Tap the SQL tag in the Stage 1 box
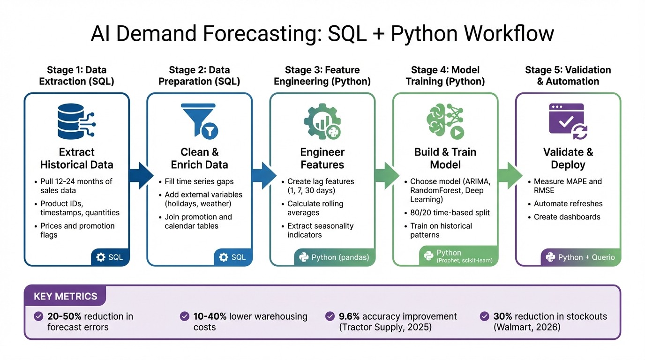click(110, 257)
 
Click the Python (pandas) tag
click(334, 257)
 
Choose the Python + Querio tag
click(580, 257)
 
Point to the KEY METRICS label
click(65, 296)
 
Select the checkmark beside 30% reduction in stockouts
click(485, 316)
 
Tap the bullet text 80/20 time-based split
click(450, 213)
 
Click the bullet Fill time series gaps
click(199, 181)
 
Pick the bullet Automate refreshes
click(568, 204)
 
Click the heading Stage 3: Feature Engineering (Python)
click(322, 75)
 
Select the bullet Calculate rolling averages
click(315, 208)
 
